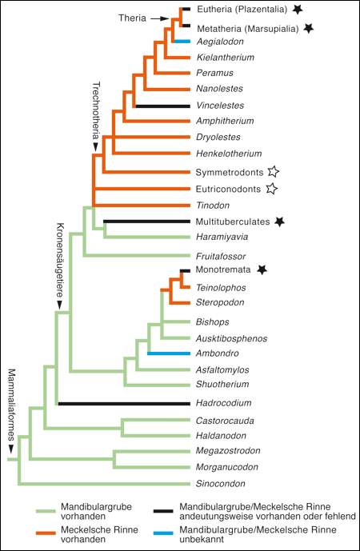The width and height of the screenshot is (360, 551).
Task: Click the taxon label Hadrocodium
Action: tap(223, 403)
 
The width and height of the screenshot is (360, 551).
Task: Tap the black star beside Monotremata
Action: tap(262, 270)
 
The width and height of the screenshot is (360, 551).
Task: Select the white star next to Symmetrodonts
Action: tap(273, 172)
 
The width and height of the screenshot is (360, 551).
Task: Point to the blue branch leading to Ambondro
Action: tap(169, 353)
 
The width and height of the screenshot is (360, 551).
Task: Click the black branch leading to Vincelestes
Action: tap(163, 106)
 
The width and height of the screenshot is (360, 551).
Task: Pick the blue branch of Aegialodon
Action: tap(182, 42)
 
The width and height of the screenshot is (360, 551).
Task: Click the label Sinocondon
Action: tap(221, 484)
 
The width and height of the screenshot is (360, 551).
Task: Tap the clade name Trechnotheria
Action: tap(96, 111)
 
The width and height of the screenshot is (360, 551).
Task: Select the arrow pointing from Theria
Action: tap(160, 18)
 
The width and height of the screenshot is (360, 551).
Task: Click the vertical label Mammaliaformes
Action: tap(12, 405)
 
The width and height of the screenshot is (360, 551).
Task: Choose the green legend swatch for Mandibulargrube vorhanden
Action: tap(46, 511)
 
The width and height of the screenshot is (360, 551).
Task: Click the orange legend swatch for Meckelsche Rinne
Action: tap(46, 533)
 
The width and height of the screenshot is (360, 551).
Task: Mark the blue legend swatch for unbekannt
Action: tap(163, 533)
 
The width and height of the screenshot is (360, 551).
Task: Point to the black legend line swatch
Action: tap(163, 511)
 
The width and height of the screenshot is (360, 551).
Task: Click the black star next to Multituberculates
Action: tap(279, 222)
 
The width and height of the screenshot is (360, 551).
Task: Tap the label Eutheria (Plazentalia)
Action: tap(242, 9)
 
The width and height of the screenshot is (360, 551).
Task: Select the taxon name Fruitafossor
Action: tap(221, 256)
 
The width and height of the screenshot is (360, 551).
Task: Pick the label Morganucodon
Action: tap(227, 467)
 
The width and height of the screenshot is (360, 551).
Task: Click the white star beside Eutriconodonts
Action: tap(271, 189)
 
